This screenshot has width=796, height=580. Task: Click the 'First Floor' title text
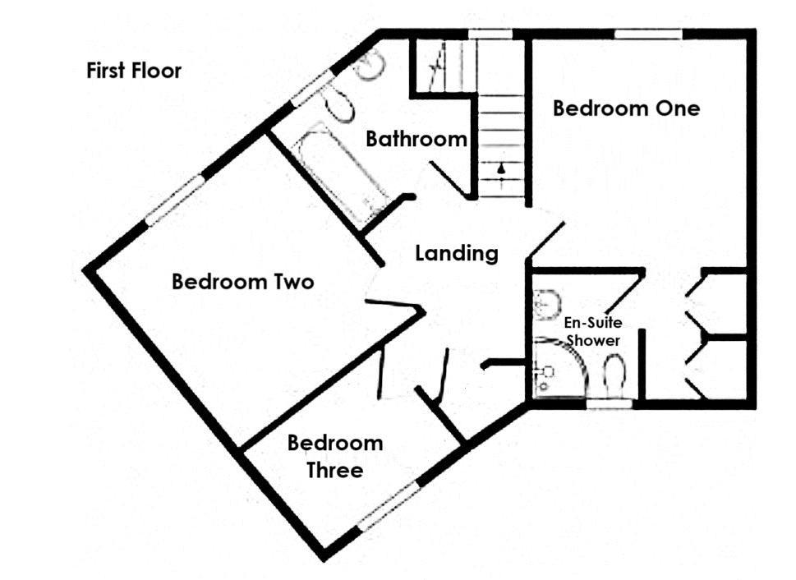coord(134,71)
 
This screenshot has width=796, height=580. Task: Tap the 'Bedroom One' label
coord(626,108)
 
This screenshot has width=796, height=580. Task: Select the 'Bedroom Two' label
coord(242,282)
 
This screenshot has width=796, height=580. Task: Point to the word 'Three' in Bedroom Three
coord(334,471)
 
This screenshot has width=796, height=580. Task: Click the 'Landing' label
coord(457,253)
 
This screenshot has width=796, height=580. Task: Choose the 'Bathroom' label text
coord(416,139)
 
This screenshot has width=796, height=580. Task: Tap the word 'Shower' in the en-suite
coord(591,340)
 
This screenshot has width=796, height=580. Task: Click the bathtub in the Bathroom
coord(339,173)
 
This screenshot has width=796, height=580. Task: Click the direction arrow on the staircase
coord(501,170)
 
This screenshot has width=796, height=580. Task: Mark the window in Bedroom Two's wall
coord(174,200)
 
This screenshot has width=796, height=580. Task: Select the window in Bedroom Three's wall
coord(388,506)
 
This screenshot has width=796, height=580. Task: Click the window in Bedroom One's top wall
coord(648,34)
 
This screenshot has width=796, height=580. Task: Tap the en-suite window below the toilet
coord(610,403)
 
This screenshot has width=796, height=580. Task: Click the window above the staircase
coord(490,34)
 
